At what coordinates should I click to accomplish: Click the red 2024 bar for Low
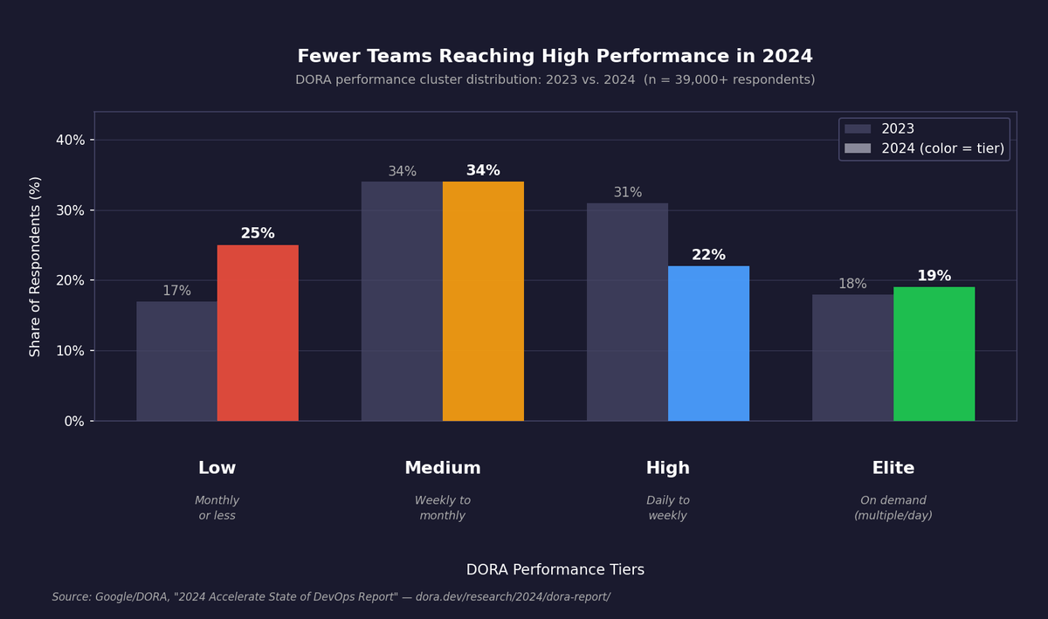258,333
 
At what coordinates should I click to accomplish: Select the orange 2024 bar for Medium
483,301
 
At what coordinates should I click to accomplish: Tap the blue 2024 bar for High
708,343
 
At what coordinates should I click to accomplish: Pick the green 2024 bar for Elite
934,354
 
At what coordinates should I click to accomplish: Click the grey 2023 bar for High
627,312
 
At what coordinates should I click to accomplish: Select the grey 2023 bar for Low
176,361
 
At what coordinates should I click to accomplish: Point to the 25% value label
258,234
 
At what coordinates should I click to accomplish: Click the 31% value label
627,193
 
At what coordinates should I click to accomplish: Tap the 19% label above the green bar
934,276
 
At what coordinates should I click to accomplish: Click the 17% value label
176,291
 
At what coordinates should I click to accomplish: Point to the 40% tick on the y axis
71,140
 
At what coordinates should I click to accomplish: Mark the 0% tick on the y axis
74,421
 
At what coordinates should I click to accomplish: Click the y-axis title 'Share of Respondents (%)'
36,266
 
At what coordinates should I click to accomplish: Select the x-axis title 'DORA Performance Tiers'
555,570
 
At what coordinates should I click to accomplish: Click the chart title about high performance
555,57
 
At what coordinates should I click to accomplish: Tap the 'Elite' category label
893,469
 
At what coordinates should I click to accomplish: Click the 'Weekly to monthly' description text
442,508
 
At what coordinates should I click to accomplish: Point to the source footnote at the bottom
331,597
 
